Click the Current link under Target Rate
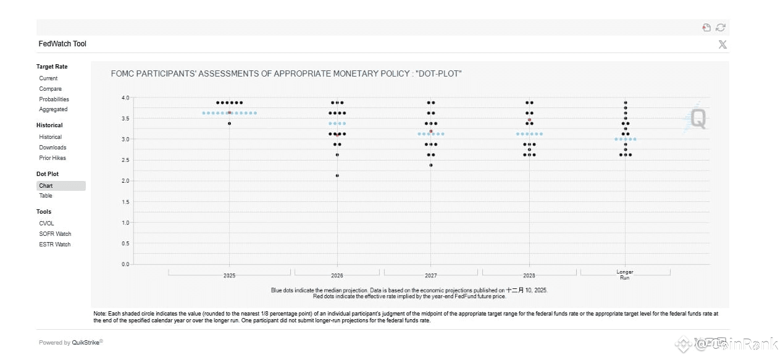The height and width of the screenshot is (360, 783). [x=48, y=78]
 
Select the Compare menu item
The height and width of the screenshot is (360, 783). [x=50, y=89]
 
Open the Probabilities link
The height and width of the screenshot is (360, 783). [x=54, y=99]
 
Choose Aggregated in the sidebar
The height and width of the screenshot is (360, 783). [x=53, y=109]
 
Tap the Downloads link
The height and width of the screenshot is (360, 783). [x=52, y=148]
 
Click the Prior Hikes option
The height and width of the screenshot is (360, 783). [x=52, y=158]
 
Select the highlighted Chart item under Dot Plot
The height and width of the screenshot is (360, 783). [x=46, y=186]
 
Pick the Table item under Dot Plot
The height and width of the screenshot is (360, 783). [x=46, y=196]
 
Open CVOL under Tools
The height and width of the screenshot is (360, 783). [x=46, y=224]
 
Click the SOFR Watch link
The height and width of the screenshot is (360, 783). [x=55, y=234]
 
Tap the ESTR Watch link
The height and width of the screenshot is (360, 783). [x=54, y=245]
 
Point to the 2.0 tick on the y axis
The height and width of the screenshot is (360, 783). [x=125, y=181]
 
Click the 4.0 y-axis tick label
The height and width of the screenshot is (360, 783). [x=125, y=98]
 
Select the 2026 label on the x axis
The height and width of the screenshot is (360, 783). [x=337, y=275]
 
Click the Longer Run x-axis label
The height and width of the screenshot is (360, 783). [x=625, y=275]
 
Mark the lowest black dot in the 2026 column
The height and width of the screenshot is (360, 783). [x=337, y=175]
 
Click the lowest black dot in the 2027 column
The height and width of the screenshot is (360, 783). [x=430, y=165]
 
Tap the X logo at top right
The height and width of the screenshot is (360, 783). [x=722, y=44]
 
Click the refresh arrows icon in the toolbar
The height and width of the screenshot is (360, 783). [x=720, y=27]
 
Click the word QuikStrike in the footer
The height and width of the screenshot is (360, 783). [x=86, y=343]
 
